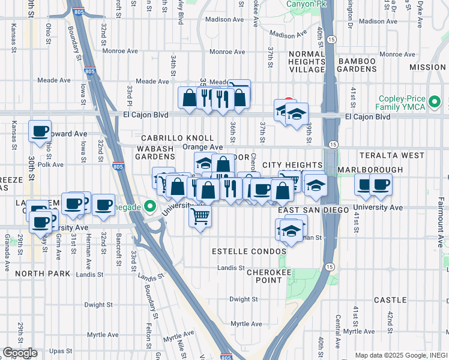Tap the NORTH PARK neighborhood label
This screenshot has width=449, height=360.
click(43, 274)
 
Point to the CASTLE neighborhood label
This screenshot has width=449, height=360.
click(390, 299)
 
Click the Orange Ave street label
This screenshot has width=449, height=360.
click(202, 147)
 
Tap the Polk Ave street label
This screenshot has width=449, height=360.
click(50, 164)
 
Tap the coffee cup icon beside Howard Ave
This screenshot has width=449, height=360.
click(40, 131)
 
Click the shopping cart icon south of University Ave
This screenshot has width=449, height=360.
click(200, 215)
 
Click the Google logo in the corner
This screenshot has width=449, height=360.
click(20, 353)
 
